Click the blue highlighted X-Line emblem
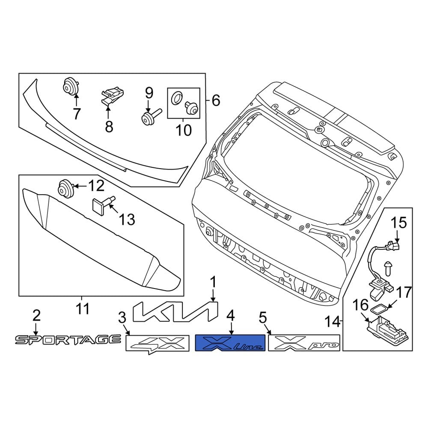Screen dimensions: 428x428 click(x=230, y=343)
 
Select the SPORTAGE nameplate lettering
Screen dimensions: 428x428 click(x=68, y=340)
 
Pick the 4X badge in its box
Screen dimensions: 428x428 click(x=157, y=343)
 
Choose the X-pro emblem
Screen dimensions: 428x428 click(x=304, y=343)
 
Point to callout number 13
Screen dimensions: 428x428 click(x=127, y=220)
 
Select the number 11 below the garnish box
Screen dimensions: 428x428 click(x=82, y=308)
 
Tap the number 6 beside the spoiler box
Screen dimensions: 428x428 click(x=215, y=101)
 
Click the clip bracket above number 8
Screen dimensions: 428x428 click(x=111, y=95)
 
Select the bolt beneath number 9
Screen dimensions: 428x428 click(x=151, y=118)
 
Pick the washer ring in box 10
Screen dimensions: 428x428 click(x=176, y=99)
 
